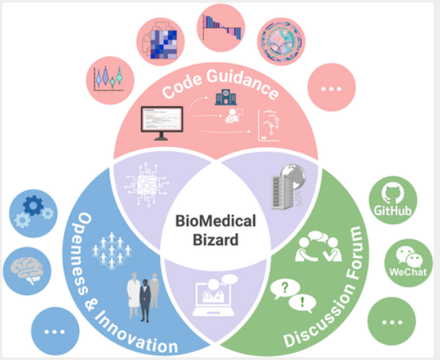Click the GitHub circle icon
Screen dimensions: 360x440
pyautogui.click(x=392, y=200)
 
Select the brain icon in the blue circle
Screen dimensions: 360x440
pyautogui.click(x=27, y=269)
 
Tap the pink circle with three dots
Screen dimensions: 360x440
pyautogui.click(x=331, y=88)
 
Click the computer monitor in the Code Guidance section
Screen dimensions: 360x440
pyautogui.click(x=161, y=122)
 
